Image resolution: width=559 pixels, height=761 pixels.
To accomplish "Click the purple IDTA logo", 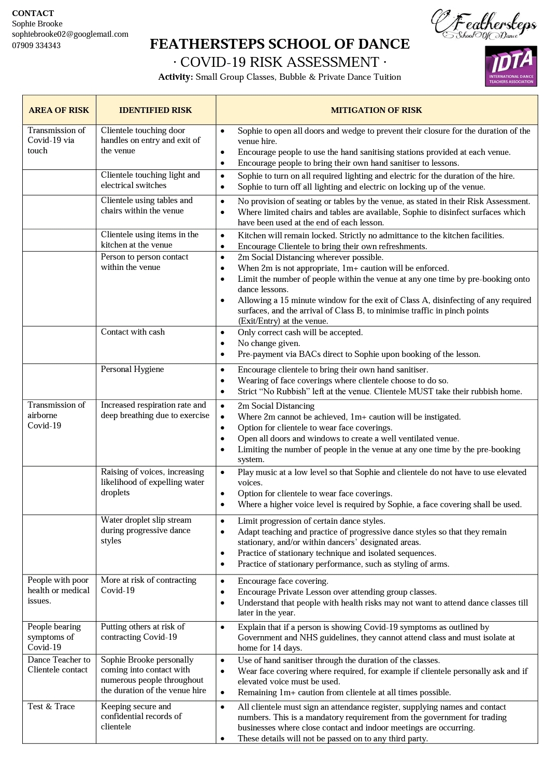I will [510, 66].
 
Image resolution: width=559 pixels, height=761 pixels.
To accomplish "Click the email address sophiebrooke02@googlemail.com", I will [70, 34].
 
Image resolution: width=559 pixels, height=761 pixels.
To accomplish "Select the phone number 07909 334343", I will [36, 45].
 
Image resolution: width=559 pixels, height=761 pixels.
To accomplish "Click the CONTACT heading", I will [33, 13].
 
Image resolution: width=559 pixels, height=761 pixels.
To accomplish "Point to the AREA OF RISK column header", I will [59, 110].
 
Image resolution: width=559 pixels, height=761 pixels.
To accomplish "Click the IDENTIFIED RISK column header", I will [155, 110].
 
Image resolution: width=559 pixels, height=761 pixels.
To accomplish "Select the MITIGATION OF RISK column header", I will [376, 110].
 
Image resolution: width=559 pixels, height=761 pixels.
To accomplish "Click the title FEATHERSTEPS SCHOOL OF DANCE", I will [280, 44].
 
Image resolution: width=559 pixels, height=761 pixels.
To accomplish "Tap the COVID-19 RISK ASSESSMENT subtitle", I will [280, 62].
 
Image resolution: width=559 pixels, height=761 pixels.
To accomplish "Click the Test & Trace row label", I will [51, 706].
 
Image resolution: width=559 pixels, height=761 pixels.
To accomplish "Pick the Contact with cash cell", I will [133, 332].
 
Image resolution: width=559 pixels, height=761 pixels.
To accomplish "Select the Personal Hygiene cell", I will [132, 369].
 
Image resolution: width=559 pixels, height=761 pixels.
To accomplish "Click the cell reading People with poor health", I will [59, 590].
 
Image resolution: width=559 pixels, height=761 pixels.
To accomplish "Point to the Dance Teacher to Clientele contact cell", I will [59, 665].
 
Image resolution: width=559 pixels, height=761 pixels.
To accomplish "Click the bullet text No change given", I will [269, 343].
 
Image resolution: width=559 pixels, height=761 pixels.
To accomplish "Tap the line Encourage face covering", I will [283, 581].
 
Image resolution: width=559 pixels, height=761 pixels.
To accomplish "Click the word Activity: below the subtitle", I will [176, 77].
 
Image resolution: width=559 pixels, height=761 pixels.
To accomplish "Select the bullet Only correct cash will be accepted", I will [300, 333].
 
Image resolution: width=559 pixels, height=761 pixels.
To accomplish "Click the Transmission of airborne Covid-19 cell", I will [56, 415].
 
